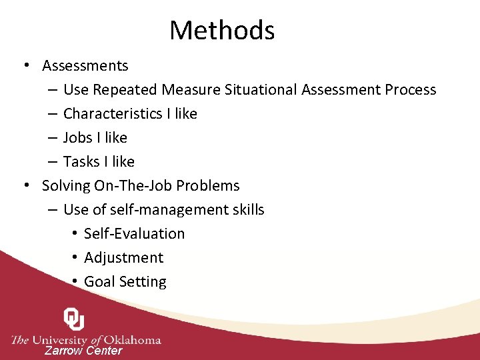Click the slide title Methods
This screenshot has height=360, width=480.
point(222,31)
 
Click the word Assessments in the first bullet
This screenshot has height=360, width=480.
point(85,66)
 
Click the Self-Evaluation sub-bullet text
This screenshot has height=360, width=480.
point(134,234)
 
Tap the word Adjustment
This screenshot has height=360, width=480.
point(123,258)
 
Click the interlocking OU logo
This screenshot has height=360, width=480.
point(74,319)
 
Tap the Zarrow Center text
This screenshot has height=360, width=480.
point(83,351)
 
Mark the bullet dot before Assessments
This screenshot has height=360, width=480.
point(25,66)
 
